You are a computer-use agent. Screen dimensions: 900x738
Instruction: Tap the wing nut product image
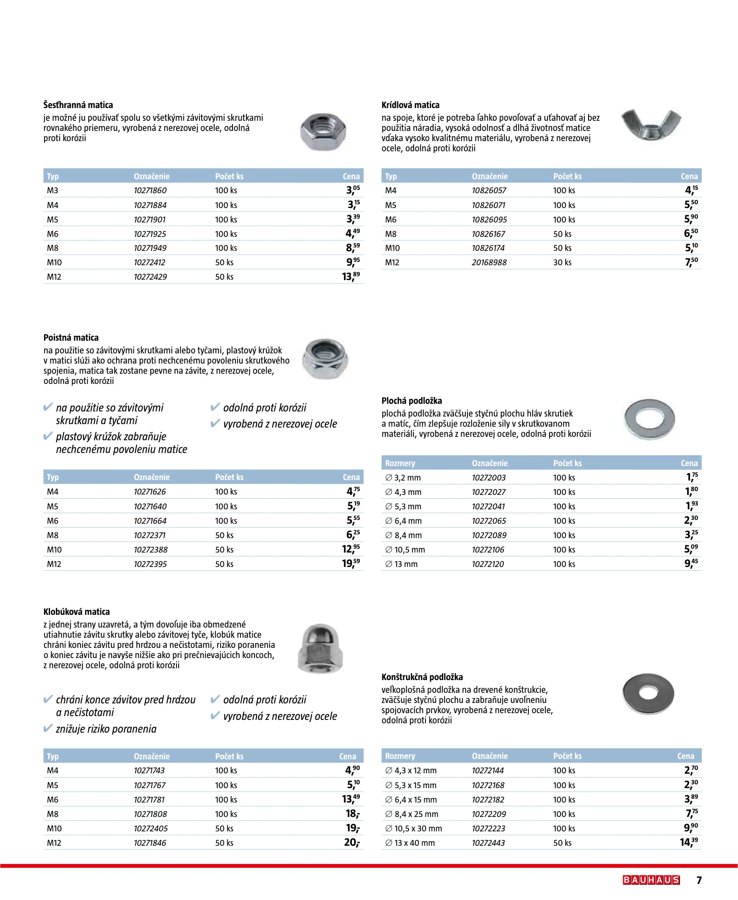(x=651, y=124)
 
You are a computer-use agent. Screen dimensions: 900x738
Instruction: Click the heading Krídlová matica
(x=410, y=105)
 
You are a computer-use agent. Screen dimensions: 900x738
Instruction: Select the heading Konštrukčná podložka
(x=422, y=677)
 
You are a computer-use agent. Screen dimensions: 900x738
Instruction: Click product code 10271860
(x=150, y=191)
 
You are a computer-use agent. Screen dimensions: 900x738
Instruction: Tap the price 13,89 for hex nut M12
(x=351, y=276)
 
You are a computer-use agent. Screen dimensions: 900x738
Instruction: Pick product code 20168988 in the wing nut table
(x=489, y=262)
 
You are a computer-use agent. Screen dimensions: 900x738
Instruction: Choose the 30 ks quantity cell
(x=562, y=262)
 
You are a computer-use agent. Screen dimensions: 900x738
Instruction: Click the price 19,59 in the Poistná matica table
(x=351, y=564)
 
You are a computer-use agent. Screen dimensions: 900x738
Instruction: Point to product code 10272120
(x=488, y=564)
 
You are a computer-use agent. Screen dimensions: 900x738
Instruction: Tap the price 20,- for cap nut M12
(x=351, y=842)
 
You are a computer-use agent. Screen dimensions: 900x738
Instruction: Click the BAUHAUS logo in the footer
(x=651, y=880)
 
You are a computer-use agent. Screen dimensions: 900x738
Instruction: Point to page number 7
(x=699, y=880)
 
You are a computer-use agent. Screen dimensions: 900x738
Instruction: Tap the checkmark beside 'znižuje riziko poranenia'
(x=48, y=728)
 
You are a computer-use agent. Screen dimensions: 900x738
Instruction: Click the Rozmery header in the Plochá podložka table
(x=400, y=463)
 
